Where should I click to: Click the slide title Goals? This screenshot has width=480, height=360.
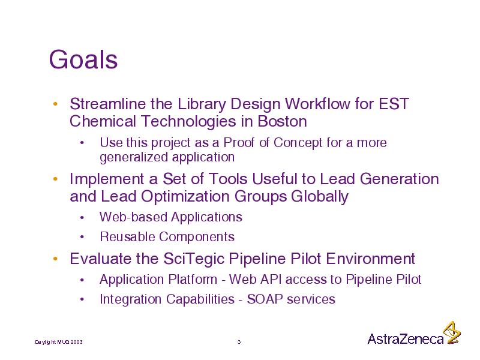pyautogui.click(x=83, y=59)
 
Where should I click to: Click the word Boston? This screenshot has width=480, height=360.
pyautogui.click(x=282, y=121)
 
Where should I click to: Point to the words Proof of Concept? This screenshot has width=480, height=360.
pyautogui.click(x=273, y=143)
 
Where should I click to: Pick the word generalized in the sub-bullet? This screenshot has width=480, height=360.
pyautogui.click(x=134, y=157)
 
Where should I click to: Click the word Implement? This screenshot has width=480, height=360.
pyautogui.click(x=107, y=179)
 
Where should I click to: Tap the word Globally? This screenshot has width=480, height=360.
pyautogui.click(x=320, y=197)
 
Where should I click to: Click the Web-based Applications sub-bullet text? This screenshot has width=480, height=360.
pyautogui.click(x=171, y=217)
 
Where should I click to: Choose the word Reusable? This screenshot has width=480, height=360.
pyautogui.click(x=127, y=236)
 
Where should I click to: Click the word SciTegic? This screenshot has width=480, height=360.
pyautogui.click(x=194, y=259)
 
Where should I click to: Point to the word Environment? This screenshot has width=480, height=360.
pyautogui.click(x=370, y=259)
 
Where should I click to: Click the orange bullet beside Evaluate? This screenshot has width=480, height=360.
pyautogui.click(x=55, y=259)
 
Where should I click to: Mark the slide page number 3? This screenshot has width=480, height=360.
pyautogui.click(x=239, y=342)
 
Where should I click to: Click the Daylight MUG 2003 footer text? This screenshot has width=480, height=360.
pyautogui.click(x=58, y=342)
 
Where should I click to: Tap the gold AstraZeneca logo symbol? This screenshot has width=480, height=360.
pyautogui.click(x=452, y=332)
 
